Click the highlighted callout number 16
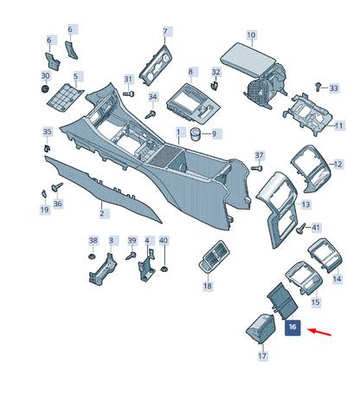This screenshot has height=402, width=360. tap(292, 327)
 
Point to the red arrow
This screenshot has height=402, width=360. tap(318, 332)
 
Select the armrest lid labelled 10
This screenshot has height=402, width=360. tap(248, 58)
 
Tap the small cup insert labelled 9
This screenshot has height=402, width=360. tap(195, 133)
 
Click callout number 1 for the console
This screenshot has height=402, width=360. tap(178, 133)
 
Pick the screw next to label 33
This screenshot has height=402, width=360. tap(318, 87)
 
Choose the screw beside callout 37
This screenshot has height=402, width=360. tap(256, 168)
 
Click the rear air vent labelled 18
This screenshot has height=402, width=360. tap(214, 256)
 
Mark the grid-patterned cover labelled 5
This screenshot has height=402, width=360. tap(65, 97)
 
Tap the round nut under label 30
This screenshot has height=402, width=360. tap(45, 88)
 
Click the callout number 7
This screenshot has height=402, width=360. tap(165, 31)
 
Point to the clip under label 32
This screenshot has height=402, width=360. tap(214, 85)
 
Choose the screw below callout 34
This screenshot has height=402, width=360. tap(151, 114)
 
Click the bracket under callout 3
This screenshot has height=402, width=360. tap(103, 269)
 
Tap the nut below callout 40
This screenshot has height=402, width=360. tap(164, 269)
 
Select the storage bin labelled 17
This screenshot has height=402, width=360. tap(260, 328)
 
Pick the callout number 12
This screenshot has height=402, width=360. tap(338, 165)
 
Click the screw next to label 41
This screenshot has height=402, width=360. tap(300, 229)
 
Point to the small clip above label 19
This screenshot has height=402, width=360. tap(43, 193)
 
